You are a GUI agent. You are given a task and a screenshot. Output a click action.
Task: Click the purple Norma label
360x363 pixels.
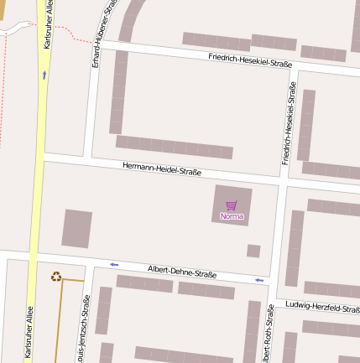pos(232,216)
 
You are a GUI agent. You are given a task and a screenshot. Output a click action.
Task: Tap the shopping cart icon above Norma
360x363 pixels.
pos(232,205)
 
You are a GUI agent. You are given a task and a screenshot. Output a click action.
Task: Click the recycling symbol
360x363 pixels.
pos(56,276)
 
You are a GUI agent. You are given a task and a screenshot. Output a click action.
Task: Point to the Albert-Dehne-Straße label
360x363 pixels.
pos(182,272)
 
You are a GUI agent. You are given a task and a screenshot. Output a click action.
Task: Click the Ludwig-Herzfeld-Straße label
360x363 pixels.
pos(322,308)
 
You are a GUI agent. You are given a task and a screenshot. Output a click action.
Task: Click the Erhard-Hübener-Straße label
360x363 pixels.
pos(102,34)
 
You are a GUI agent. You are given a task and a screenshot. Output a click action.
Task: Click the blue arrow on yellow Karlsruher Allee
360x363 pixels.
pos(44,75)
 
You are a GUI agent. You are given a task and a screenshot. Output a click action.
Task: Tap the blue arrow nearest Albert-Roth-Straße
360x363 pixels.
pos(259,280)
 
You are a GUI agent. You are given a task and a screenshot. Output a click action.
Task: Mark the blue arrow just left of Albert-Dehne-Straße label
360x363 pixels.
pos(114,265)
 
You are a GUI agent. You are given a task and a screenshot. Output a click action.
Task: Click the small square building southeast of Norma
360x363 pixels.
pos(253,251)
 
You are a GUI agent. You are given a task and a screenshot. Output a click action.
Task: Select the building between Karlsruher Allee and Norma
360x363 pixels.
pos(76,229)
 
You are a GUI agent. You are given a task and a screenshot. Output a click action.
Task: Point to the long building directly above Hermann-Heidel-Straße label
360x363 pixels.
pos(173,147)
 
